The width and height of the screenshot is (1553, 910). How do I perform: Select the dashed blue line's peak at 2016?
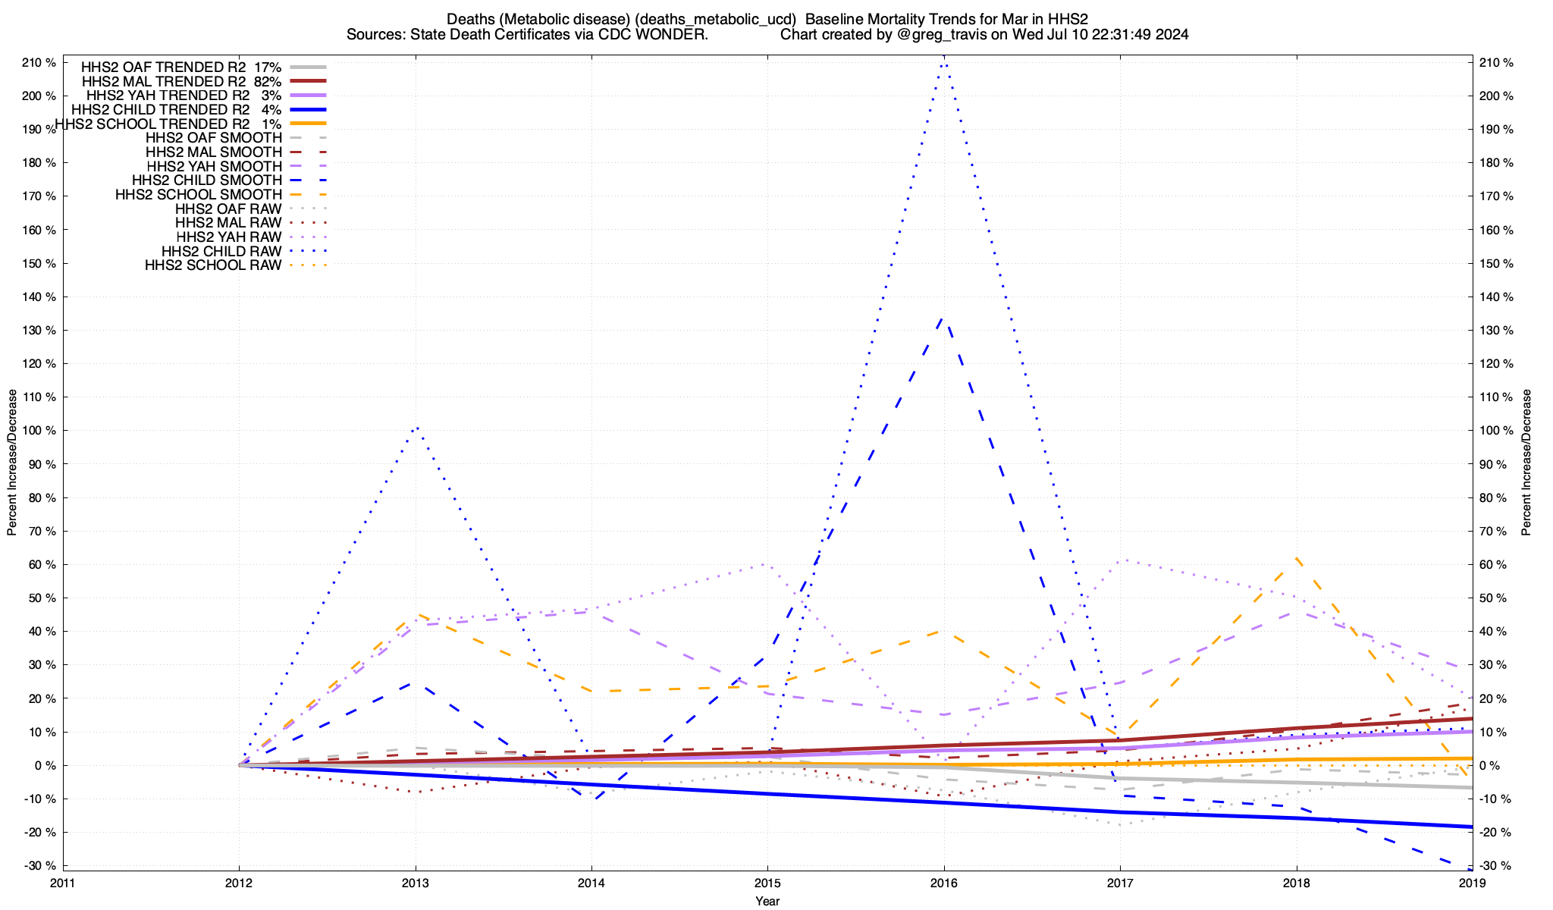943,318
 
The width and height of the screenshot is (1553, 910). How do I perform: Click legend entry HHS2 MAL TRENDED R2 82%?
181,81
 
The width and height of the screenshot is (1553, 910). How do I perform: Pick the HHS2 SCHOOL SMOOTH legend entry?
198,195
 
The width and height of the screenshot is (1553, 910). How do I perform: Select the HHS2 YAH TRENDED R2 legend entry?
184,96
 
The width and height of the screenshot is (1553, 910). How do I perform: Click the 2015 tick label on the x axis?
767,883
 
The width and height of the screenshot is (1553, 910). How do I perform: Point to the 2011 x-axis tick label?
63,883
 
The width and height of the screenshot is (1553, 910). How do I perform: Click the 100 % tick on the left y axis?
39,431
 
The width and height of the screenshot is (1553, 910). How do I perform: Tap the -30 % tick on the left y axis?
39,866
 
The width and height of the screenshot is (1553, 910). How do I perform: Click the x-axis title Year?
767,901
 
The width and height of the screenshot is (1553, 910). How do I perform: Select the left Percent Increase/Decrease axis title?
12,463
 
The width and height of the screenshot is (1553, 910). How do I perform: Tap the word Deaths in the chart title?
469,19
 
